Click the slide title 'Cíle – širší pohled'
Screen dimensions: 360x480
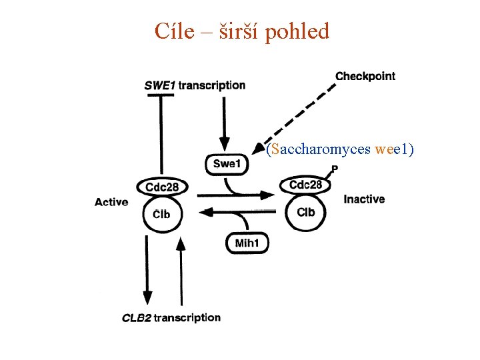(242, 31)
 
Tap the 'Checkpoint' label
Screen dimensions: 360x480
(365, 76)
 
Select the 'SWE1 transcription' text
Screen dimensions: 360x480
(195, 85)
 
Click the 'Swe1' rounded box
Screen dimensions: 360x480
(225, 163)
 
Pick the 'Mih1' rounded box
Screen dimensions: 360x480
(247, 243)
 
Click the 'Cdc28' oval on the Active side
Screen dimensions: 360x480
(161, 187)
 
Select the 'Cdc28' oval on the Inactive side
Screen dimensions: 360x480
(306, 185)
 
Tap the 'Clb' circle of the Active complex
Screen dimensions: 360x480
(161, 214)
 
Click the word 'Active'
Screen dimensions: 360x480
(111, 201)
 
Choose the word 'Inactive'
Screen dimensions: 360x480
(364, 199)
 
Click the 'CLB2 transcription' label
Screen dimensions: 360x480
(171, 318)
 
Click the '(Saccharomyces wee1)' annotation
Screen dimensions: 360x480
(339, 149)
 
